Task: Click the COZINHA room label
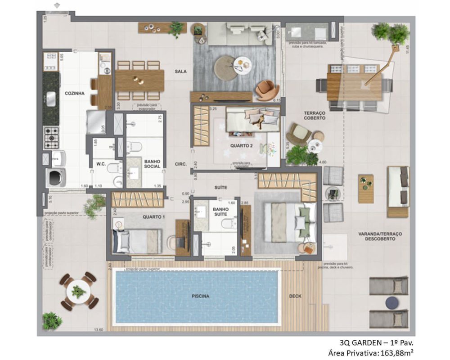click(x=74, y=93)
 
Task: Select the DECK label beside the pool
click(x=295, y=296)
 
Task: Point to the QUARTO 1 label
click(x=154, y=217)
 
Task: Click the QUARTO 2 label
click(x=241, y=146)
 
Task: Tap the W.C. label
click(x=101, y=164)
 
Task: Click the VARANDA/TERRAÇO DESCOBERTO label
click(x=380, y=237)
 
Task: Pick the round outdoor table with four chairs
click(x=79, y=292)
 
